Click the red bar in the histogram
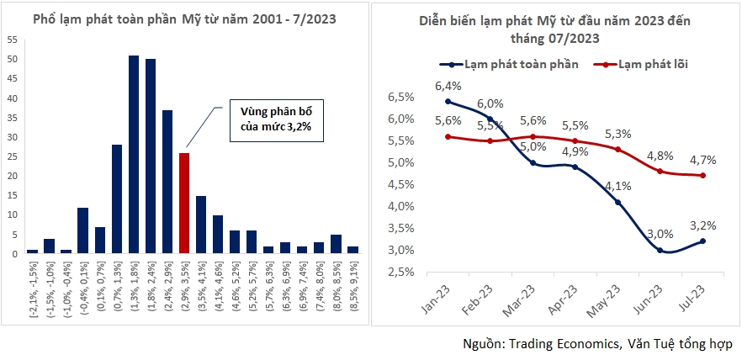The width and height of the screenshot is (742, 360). point(184,203)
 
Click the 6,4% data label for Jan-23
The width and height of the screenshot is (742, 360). point(448,86)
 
